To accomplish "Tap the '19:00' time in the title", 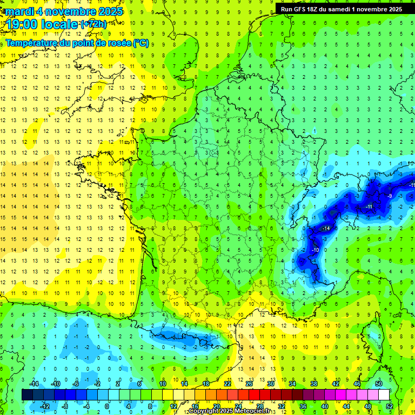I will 23,24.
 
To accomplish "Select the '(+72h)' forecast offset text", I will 93,24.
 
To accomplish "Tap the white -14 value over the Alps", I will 325,229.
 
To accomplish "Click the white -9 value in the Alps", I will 390,196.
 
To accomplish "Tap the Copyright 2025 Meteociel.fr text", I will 229,411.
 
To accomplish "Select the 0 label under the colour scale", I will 107,406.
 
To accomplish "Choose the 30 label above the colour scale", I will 271,384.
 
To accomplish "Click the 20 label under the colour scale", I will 216,406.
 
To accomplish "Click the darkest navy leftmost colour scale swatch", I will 27,395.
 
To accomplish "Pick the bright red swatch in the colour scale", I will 255,395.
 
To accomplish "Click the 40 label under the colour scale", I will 325,406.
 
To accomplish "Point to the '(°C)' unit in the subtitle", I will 140,43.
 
